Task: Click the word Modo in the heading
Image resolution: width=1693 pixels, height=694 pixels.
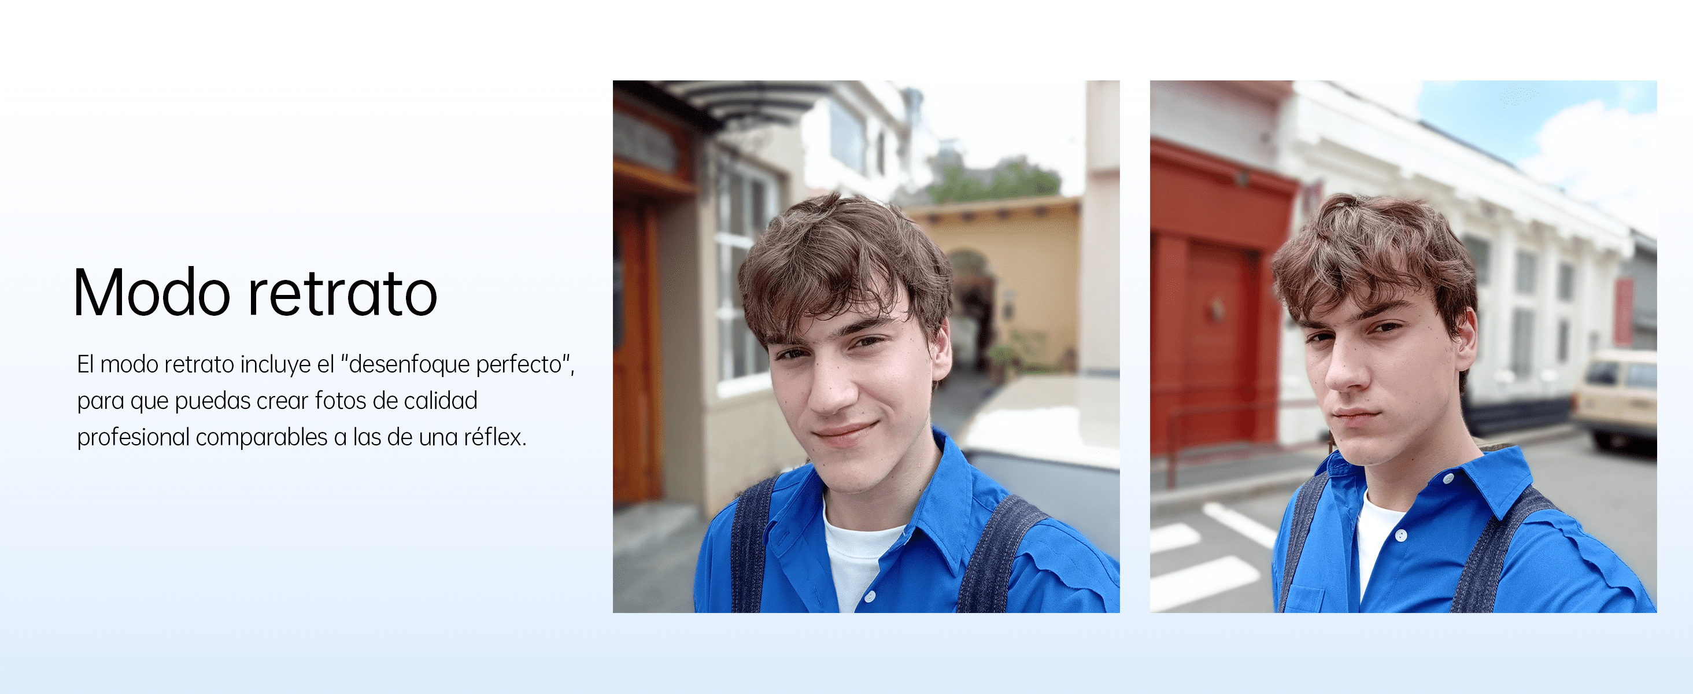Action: click(151, 293)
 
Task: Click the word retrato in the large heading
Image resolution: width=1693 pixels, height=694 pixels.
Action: click(342, 293)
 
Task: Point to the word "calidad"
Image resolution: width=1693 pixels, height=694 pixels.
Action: click(441, 400)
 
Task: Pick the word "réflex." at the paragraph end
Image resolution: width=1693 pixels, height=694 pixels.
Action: click(496, 437)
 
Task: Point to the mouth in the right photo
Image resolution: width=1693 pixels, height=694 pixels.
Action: click(1358, 415)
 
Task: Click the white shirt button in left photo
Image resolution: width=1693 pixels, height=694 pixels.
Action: click(870, 597)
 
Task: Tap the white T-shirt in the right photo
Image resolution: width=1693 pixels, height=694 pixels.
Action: click(1377, 539)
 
